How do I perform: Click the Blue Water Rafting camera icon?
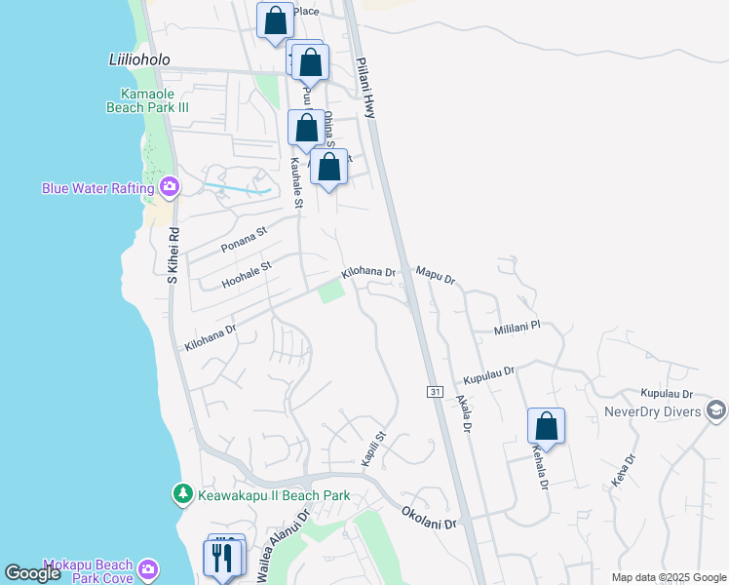point(170,186)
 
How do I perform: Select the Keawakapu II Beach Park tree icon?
point(182,495)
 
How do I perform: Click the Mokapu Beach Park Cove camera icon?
point(147,568)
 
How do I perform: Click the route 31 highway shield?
point(435,391)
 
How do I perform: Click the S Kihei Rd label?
point(173,255)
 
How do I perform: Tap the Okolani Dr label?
point(429,517)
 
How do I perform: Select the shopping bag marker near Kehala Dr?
point(546,426)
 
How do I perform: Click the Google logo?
point(33,572)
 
